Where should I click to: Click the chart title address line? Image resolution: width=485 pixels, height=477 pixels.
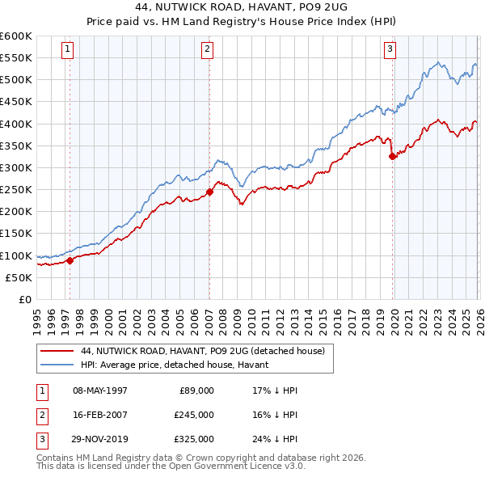click(x=242, y=7)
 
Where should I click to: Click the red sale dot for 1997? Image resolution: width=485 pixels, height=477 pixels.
click(x=70, y=260)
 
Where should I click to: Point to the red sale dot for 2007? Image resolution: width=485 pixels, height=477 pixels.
click(x=209, y=192)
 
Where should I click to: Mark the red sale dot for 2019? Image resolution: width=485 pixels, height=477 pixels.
click(x=392, y=157)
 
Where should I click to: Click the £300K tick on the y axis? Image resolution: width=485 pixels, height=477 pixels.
click(x=16, y=168)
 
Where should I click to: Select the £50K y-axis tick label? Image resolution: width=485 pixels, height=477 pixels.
click(x=19, y=277)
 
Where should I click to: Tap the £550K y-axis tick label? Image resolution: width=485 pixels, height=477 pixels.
click(x=16, y=58)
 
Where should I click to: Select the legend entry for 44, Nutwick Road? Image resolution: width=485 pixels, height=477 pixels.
click(x=202, y=352)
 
